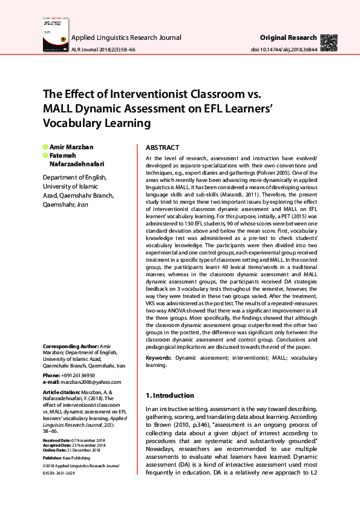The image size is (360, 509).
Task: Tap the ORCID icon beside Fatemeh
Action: (45, 155)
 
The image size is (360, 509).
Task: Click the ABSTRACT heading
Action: (162, 148)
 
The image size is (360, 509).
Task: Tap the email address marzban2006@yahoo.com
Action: (91, 382)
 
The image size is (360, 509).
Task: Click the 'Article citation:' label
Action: (62, 392)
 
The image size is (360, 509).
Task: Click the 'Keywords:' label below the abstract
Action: (159, 358)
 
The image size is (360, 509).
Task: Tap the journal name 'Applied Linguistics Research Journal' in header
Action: (126, 37)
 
